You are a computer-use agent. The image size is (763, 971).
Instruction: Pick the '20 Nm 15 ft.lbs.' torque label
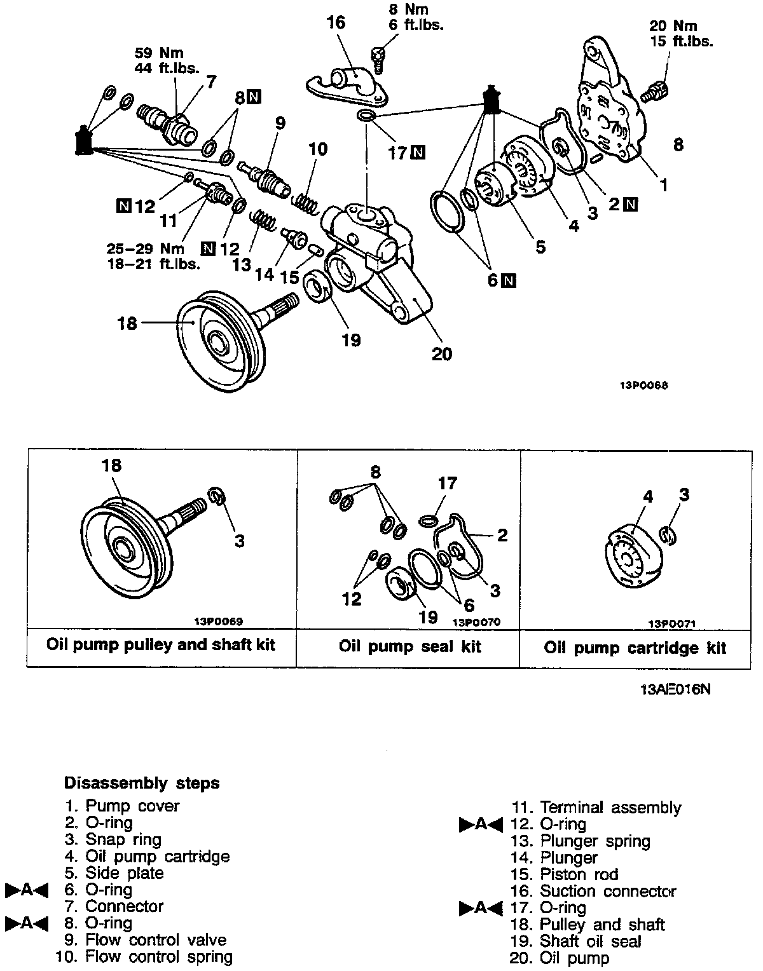tap(680, 34)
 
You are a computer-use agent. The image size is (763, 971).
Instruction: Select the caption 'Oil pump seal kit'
tap(409, 647)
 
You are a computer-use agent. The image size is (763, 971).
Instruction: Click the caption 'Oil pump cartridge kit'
tap(635, 648)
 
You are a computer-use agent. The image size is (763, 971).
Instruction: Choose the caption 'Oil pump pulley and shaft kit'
tap(161, 644)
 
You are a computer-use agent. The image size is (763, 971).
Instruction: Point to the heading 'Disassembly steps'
tap(142, 783)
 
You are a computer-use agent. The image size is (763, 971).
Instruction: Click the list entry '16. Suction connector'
tap(593, 892)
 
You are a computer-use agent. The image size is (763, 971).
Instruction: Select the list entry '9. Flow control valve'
tap(146, 940)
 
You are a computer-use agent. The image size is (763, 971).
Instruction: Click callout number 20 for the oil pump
tap(441, 353)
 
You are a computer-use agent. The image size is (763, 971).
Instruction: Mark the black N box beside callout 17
tap(418, 153)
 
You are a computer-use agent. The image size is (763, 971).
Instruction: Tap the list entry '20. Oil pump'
tap(560, 958)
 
